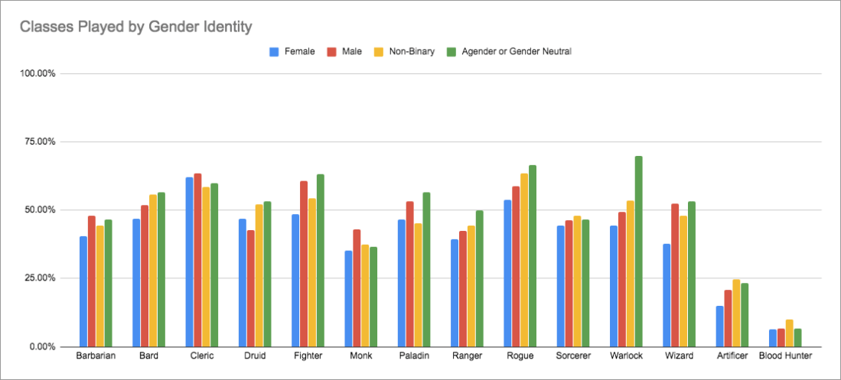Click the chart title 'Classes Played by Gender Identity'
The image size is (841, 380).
pos(135,27)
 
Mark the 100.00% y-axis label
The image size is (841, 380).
pos(34,73)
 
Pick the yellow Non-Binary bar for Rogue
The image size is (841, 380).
pos(524,260)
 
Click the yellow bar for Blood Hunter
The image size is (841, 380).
pos(789,333)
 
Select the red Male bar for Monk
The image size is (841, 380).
pos(357,287)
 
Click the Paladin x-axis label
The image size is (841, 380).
pos(413,356)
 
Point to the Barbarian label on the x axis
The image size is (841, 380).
pos(96,356)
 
